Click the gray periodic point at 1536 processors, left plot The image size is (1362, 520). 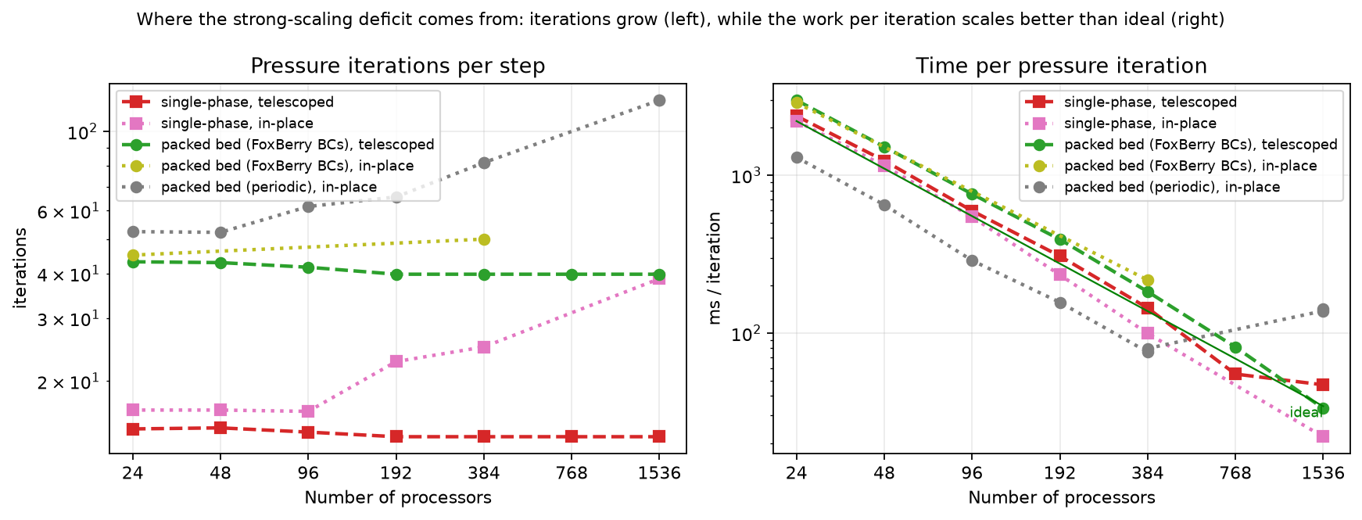pyautogui.click(x=659, y=100)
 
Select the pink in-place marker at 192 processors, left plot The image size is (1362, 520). pyautogui.click(x=396, y=361)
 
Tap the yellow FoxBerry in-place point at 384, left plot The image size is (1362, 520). pyautogui.click(x=484, y=239)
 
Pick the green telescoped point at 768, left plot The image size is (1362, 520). pyautogui.click(x=572, y=274)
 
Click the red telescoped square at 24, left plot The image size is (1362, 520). pyautogui.click(x=133, y=429)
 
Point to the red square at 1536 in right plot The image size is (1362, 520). pyautogui.click(x=1323, y=385)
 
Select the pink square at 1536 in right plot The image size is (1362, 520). pyautogui.click(x=1323, y=436)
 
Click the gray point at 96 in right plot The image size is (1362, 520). pyautogui.click(x=972, y=260)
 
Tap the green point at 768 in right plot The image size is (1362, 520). pyautogui.click(x=1235, y=347)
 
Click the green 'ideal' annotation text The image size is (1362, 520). pyautogui.click(x=1306, y=413)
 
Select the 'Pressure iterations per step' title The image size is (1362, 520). pyautogui.click(x=398, y=66)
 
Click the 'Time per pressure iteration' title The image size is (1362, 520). pyautogui.click(x=1062, y=66)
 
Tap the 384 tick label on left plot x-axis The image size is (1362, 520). pyautogui.click(x=484, y=473)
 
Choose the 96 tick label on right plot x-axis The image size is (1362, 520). pyautogui.click(x=972, y=473)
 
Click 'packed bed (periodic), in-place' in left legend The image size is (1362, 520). pyautogui.click(x=269, y=187)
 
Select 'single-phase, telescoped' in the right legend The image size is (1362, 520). pyautogui.click(x=1151, y=102)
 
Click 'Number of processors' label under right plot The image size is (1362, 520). pyautogui.click(x=1062, y=497)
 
